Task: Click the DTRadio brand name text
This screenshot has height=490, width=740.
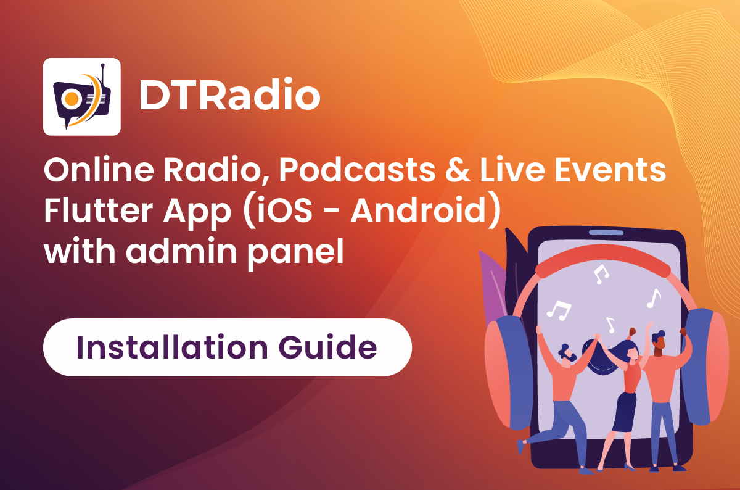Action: click(229, 96)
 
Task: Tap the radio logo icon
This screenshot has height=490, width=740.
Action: click(81, 97)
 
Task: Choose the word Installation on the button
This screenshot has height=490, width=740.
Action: click(166, 347)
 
